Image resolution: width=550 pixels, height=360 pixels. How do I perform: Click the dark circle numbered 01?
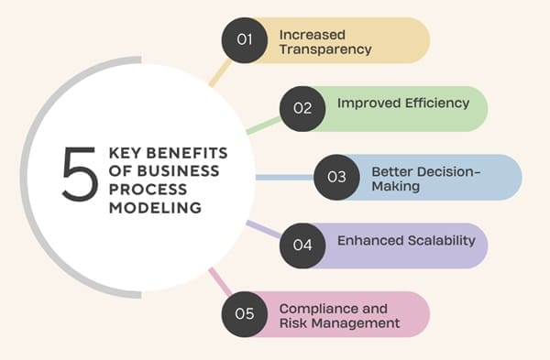coord(245,40)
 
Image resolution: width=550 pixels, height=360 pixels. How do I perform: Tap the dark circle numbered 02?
coord(302,109)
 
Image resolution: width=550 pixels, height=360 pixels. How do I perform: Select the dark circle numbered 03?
coord(336,177)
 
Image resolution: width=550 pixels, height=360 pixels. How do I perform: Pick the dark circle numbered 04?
coord(302,245)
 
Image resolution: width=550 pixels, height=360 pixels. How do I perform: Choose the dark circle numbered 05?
coord(245,314)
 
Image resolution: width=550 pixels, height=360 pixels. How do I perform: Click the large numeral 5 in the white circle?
coord(79,174)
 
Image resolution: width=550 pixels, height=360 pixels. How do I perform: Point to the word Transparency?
coord(325,49)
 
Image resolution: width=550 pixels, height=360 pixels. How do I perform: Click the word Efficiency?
coord(437,104)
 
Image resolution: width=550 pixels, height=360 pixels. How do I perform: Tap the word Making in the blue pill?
coord(396,186)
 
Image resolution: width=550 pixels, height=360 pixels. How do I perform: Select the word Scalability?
coord(442,241)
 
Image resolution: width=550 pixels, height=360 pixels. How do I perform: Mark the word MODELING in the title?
coord(156,208)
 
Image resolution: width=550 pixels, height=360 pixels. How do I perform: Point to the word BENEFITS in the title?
coord(187,153)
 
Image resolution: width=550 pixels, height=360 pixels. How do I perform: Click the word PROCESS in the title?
coord(148,190)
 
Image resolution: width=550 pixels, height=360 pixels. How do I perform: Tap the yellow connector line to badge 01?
coord(220,73)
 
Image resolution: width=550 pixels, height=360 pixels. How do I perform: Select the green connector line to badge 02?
coord(264,125)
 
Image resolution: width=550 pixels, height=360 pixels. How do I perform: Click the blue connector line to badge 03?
coord(285,178)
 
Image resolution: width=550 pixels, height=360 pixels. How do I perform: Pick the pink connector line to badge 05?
coord(220,281)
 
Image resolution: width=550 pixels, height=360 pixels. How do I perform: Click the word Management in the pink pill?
coord(356,323)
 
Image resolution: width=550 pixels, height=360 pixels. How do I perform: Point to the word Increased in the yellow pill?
coord(313,35)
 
